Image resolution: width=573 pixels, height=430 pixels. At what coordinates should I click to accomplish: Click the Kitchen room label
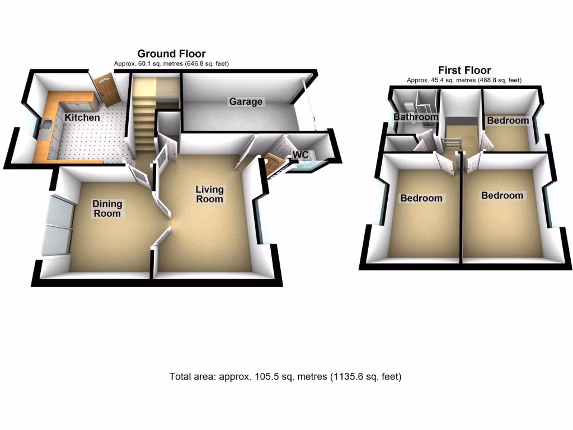pos(82,118)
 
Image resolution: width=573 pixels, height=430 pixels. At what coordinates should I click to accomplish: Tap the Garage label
pos(245,102)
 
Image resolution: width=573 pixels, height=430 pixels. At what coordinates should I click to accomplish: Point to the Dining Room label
pos(107,209)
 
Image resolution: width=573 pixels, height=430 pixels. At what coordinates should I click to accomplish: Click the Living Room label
pos(209,194)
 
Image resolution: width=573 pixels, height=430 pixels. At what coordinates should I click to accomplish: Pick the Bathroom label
pos(415,118)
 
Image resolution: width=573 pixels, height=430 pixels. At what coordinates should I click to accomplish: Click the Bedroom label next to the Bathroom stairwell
pos(508,120)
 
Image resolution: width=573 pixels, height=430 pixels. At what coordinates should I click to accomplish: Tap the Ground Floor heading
pos(171,54)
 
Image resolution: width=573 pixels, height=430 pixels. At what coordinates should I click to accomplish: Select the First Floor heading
pos(464,71)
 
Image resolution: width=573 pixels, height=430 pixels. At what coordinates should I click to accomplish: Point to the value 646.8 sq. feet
pos(205,64)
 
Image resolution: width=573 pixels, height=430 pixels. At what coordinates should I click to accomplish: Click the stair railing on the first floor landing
pos(452,143)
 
